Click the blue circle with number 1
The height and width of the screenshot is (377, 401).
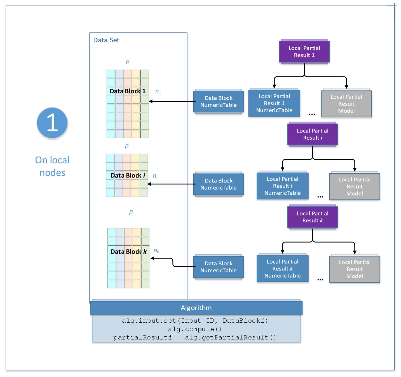coord(52,123)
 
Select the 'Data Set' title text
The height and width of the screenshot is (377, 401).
coord(106,40)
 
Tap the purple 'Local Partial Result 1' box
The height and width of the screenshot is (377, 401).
coord(304,52)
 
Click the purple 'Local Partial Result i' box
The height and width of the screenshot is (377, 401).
coord(312,134)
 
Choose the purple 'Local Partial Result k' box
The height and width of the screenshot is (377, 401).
coord(312,217)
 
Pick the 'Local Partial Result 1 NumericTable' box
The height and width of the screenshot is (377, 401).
coord(274,103)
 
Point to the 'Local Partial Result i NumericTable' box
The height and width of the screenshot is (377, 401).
coord(282,186)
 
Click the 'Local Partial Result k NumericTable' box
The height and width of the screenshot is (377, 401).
coord(282,269)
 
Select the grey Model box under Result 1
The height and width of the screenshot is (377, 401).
coord(346,104)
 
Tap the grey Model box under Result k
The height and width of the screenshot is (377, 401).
coord(355,269)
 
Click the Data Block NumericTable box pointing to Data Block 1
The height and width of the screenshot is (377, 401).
coord(218,101)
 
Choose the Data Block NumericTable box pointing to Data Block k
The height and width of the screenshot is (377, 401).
coord(218,267)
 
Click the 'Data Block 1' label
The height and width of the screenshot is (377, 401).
coord(128,91)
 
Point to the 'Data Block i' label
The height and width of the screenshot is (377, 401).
coord(128,176)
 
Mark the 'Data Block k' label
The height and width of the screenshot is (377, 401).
coord(128,252)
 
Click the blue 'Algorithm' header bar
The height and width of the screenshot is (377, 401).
coord(196,308)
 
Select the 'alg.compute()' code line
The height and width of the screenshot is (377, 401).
coord(195,329)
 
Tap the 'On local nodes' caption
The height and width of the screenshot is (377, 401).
coord(52,166)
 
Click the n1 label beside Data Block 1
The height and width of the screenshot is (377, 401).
coord(158,92)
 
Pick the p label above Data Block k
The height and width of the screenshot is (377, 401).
coord(131,212)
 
